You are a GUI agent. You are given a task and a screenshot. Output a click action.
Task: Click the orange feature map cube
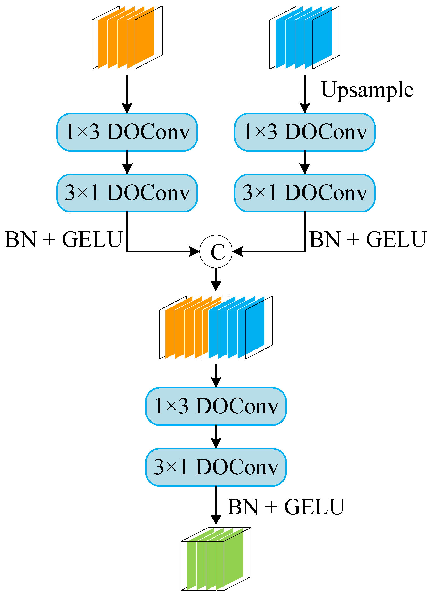(127, 37)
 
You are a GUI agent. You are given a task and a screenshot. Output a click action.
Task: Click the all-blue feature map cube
(305, 37)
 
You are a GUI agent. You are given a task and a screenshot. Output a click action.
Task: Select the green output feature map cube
(216, 559)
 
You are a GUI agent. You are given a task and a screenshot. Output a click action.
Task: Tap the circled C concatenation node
(216, 252)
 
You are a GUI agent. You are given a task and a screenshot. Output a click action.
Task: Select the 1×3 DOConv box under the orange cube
(127, 132)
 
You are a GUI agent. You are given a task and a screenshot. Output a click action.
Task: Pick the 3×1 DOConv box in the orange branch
(127, 193)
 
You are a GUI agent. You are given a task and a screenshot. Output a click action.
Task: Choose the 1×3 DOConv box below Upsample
(305, 132)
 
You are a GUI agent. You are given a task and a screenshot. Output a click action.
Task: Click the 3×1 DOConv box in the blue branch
(305, 193)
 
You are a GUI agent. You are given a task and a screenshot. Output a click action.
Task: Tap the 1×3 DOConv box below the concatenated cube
(216, 406)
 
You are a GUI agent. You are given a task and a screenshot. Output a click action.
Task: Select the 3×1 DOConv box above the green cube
(216, 467)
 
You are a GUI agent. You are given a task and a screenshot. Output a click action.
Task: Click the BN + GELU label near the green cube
(286, 507)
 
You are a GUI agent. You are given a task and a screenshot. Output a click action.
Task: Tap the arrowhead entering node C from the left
(195, 252)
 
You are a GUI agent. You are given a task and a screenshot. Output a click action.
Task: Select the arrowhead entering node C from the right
(238, 252)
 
